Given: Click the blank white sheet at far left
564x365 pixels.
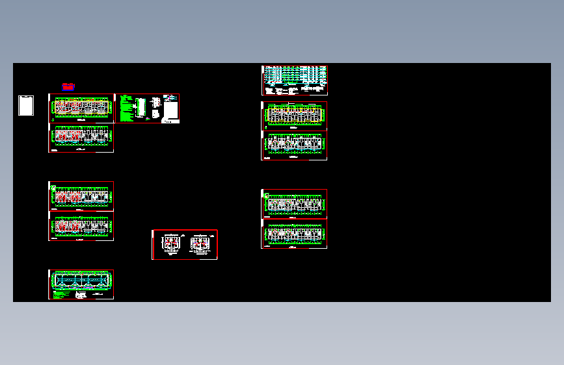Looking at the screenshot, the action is click(26, 106).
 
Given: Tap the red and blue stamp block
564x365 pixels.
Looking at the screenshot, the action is click(68, 86).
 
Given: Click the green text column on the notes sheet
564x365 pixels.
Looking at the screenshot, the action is click(126, 108).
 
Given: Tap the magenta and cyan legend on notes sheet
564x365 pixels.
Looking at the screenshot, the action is click(170, 97).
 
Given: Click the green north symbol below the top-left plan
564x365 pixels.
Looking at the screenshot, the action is click(53, 120).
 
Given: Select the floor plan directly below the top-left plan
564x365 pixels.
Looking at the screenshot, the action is click(81, 137).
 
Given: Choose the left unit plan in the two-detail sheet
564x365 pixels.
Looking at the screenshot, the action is click(170, 244).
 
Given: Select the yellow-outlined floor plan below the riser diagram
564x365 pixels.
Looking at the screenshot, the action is click(294, 115).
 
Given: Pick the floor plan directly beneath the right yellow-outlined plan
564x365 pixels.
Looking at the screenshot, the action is click(294, 145).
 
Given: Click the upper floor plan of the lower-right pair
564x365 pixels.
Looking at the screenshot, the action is click(294, 204).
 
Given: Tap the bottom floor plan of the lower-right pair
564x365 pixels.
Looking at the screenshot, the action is click(294, 234).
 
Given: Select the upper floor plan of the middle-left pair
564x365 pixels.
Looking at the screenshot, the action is click(81, 195).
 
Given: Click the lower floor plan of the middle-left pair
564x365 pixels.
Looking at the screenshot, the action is click(81, 226).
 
